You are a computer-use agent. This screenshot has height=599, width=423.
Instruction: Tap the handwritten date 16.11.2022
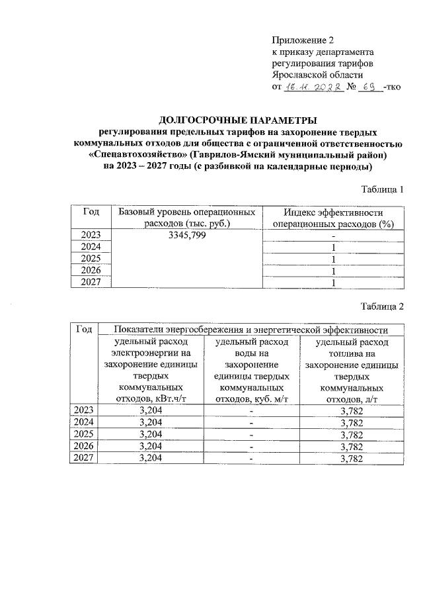tap(312, 87)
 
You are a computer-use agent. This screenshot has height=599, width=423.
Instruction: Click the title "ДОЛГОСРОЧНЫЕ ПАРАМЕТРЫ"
tap(238, 120)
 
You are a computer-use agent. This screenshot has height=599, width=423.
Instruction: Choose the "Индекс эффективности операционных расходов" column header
tap(333, 218)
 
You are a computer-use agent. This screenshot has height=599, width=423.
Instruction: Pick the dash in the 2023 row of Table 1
tap(333, 236)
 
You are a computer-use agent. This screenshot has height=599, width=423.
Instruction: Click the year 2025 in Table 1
tap(91, 259)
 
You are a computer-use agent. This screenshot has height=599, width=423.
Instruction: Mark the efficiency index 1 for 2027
tap(333, 283)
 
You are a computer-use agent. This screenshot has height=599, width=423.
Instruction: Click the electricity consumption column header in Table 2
tap(151, 370)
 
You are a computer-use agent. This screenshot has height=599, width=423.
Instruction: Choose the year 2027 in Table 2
tap(83, 458)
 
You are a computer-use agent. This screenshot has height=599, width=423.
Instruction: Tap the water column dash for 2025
tap(251, 435)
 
